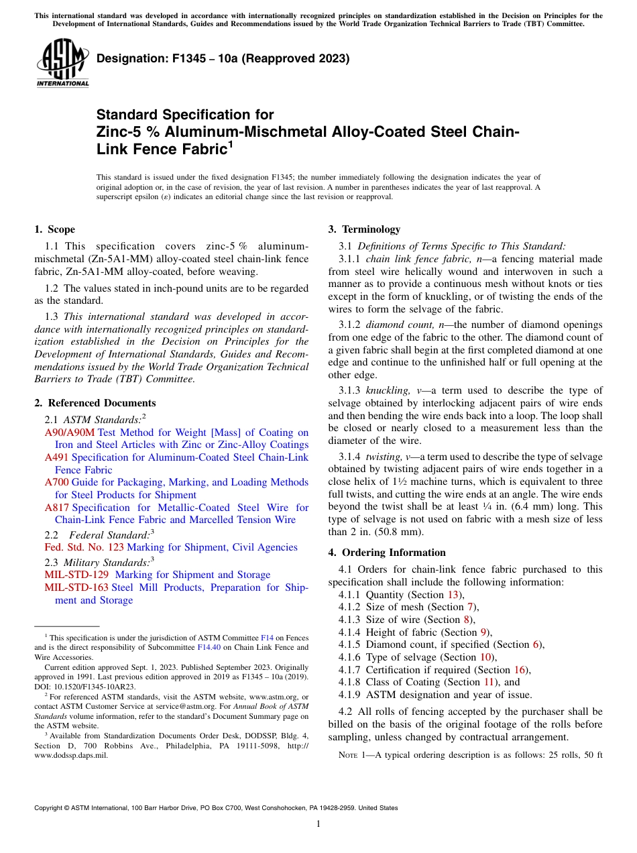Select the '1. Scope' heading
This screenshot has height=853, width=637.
[x=55, y=229]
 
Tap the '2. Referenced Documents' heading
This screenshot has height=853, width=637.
[x=95, y=403]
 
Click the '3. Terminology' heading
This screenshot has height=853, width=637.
[x=364, y=229]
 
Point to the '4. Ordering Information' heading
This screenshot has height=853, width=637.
[x=387, y=553]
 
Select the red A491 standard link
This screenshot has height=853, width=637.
[x=56, y=457]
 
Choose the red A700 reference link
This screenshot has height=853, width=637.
[x=56, y=482]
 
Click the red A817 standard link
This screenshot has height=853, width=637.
[x=56, y=508]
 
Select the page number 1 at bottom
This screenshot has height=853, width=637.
[x=318, y=824]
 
